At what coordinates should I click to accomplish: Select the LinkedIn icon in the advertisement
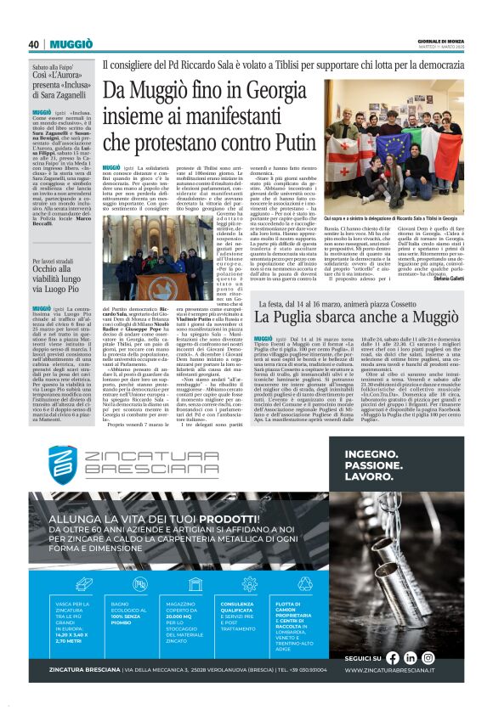tap(410, 657)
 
